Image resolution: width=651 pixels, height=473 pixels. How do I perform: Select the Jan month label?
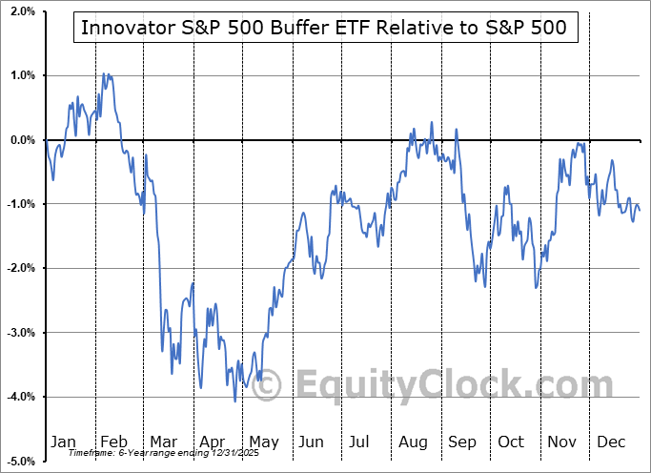point(63,442)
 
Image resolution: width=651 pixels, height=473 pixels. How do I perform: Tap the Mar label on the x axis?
point(163,442)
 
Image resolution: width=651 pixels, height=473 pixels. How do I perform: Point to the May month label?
point(263,442)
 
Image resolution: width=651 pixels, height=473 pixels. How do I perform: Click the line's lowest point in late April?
point(234,401)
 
